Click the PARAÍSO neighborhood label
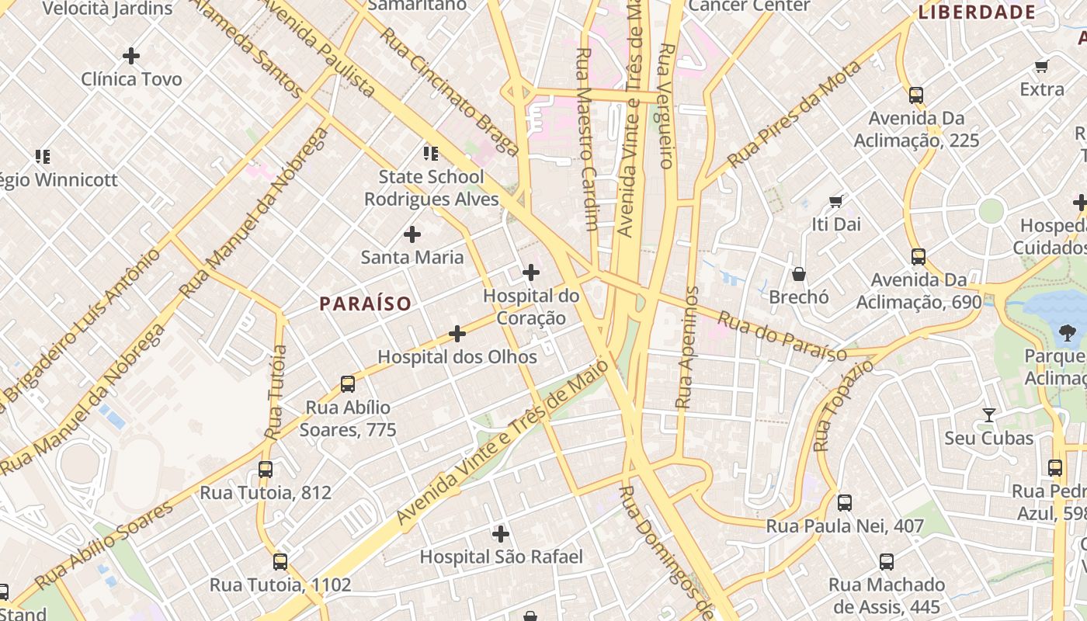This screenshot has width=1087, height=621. (x=365, y=304)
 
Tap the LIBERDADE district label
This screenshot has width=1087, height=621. (x=977, y=12)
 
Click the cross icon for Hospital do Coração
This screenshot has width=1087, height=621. (x=531, y=272)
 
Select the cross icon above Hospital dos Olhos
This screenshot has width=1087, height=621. (x=457, y=334)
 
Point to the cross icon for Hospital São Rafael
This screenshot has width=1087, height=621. (x=501, y=534)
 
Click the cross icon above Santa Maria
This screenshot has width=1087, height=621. (x=412, y=234)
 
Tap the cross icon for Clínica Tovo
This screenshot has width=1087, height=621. (x=131, y=56)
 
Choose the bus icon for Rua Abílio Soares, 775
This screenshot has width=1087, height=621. (x=348, y=384)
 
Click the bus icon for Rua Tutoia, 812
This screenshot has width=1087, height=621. (x=266, y=470)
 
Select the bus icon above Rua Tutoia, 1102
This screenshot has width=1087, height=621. (x=280, y=562)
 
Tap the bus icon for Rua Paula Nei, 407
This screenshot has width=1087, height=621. (x=845, y=503)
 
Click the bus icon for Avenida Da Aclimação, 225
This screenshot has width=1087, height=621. (x=916, y=95)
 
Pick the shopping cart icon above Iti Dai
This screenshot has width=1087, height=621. (x=836, y=202)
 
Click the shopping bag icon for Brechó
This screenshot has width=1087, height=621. (x=798, y=274)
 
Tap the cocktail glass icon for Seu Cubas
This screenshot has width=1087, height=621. (x=988, y=415)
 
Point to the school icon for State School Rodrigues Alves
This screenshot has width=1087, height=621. (x=430, y=154)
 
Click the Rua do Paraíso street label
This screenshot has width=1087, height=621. (x=781, y=337)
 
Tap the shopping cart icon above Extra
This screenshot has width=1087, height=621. (x=1042, y=67)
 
